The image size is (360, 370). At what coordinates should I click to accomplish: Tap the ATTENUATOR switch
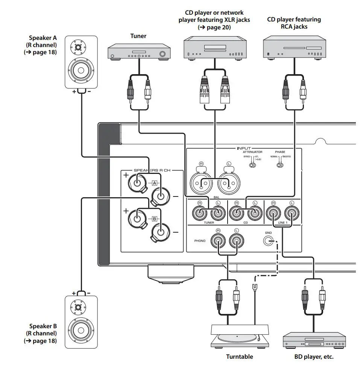248,165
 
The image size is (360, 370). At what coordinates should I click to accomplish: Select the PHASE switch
280,165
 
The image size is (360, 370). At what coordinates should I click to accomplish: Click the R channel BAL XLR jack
201,184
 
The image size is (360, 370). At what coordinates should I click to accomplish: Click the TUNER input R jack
199,213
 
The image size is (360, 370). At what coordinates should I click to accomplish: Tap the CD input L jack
255,213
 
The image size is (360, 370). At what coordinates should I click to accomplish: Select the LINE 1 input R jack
273,213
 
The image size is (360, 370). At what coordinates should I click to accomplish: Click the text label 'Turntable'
239,356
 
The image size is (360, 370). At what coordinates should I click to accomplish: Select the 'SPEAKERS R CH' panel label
152,170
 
